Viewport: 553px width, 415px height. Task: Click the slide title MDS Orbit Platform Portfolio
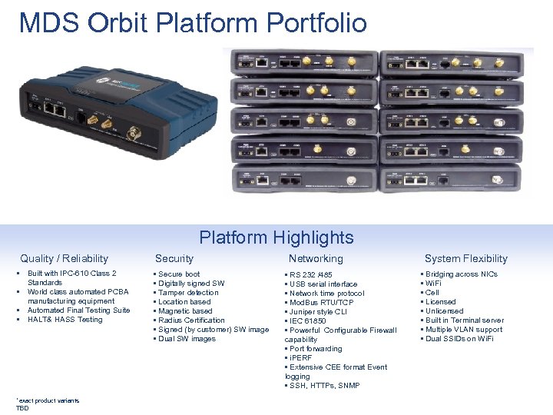click(x=193, y=23)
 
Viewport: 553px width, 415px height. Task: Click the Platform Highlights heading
click(x=276, y=237)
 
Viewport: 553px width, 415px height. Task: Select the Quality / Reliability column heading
click(x=65, y=259)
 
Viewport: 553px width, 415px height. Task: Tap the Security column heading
click(x=174, y=259)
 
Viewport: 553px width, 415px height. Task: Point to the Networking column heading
click(x=316, y=259)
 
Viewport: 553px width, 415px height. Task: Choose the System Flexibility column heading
click(x=466, y=259)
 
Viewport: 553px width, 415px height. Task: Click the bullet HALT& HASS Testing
click(x=65, y=320)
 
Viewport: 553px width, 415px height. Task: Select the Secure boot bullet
click(x=179, y=274)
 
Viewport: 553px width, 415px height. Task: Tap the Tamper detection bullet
click(x=188, y=293)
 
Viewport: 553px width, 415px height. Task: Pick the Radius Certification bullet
click(x=191, y=320)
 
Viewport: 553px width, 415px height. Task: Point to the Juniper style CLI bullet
click(x=318, y=312)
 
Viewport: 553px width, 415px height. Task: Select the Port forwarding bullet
click(x=316, y=349)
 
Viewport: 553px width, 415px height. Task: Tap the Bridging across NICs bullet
click(x=461, y=274)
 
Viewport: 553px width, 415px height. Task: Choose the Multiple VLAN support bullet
click(x=464, y=330)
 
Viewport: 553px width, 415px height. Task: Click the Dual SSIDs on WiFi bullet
click(x=461, y=339)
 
